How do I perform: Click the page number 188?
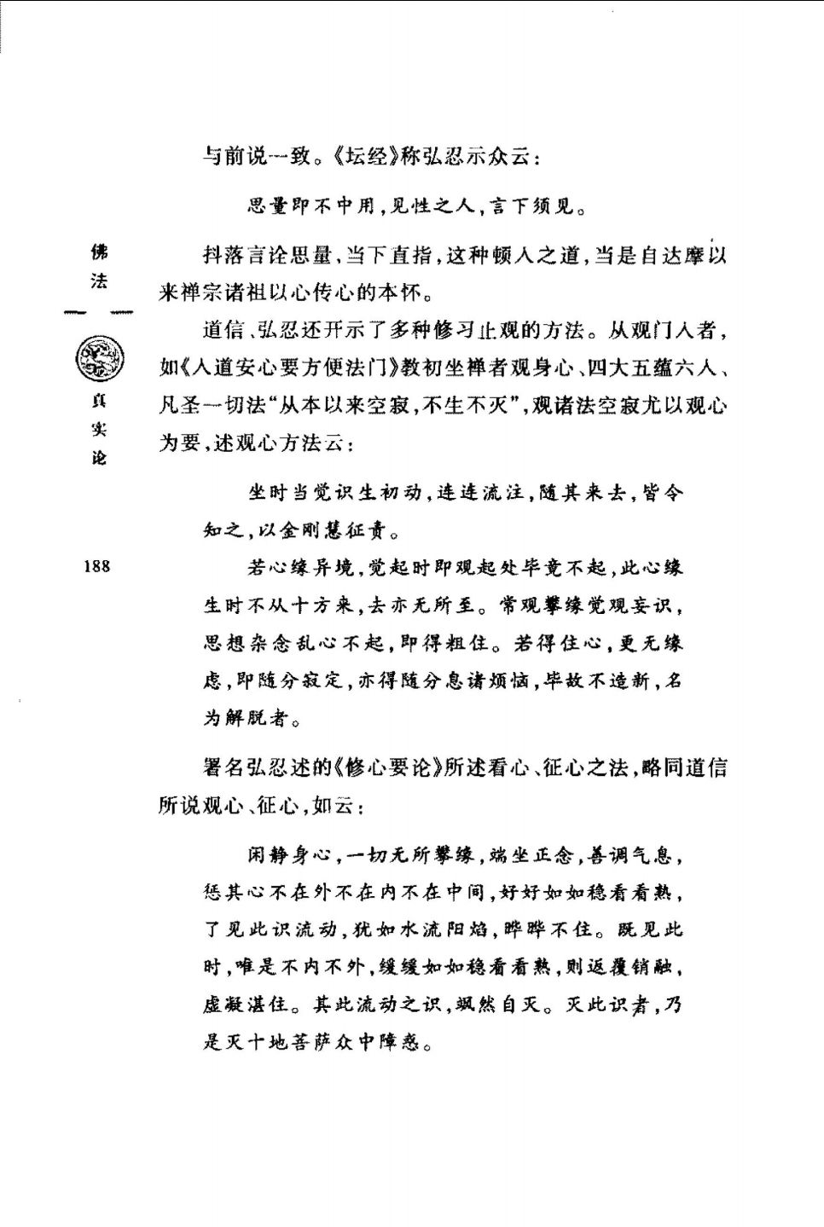click(97, 566)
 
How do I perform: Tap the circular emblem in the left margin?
click(99, 359)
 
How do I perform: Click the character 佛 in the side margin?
click(100, 252)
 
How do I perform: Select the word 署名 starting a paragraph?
click(223, 767)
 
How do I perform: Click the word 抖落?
click(223, 255)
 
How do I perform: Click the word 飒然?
click(476, 1004)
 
